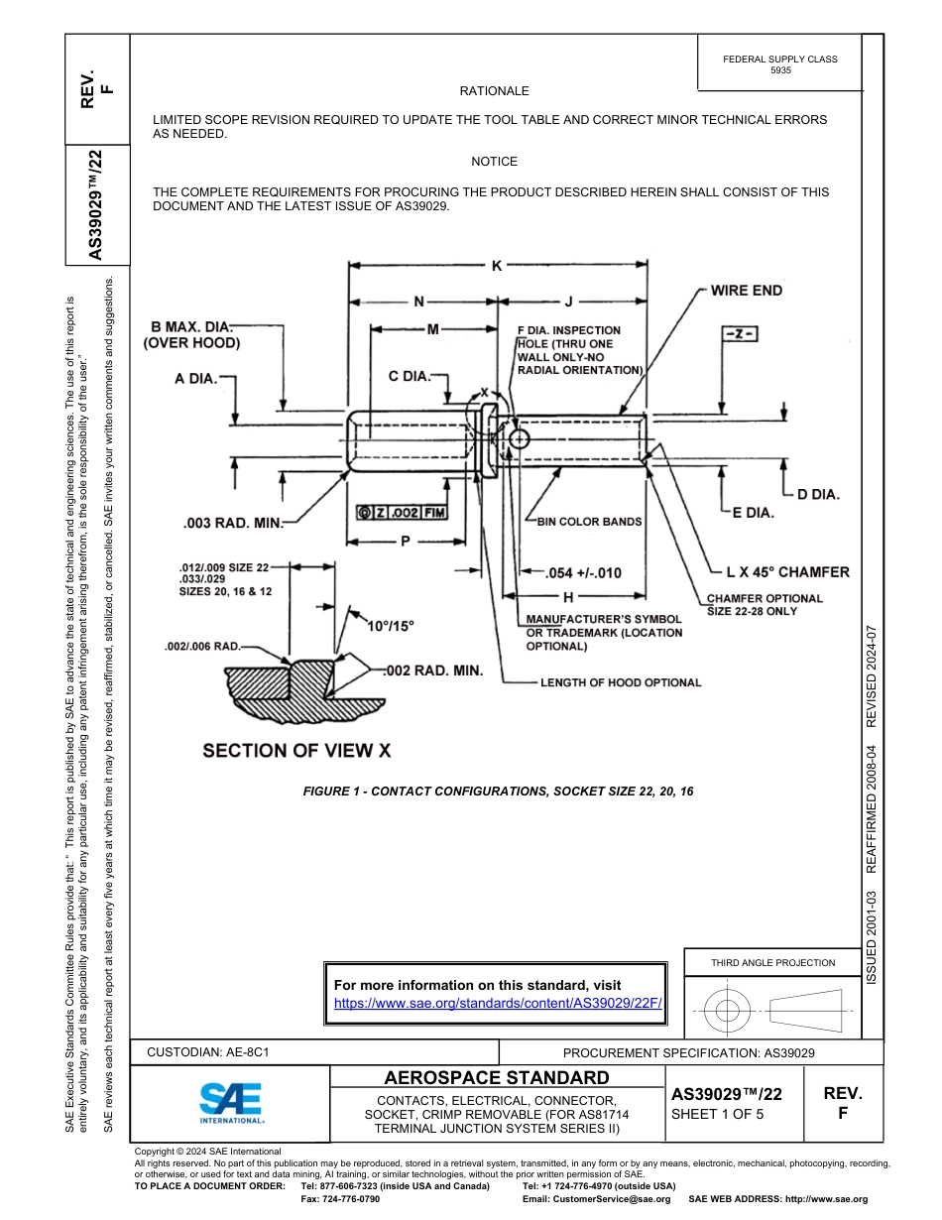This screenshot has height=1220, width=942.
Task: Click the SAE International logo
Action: [x=231, y=1102]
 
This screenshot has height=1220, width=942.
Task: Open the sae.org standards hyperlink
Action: [x=498, y=1003]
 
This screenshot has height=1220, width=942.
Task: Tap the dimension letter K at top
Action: [x=497, y=265]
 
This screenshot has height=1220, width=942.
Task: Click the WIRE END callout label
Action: [x=746, y=291]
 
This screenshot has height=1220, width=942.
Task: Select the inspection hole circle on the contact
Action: [x=520, y=437]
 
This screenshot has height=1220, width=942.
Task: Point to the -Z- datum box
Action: [x=737, y=334]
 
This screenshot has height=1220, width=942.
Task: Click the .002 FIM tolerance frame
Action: [x=402, y=512]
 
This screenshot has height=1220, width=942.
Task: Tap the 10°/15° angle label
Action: [x=390, y=626]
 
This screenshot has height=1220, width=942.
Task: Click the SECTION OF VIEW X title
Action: [x=296, y=751]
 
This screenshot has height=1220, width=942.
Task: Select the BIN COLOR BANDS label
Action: [x=589, y=521]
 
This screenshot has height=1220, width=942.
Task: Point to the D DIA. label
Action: [x=818, y=493]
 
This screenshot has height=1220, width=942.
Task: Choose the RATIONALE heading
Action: [x=494, y=91]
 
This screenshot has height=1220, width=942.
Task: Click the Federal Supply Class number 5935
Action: [x=780, y=71]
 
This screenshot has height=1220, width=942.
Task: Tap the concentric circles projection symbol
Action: [x=728, y=1011]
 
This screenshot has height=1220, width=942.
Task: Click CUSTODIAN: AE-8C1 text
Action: [x=208, y=1051]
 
